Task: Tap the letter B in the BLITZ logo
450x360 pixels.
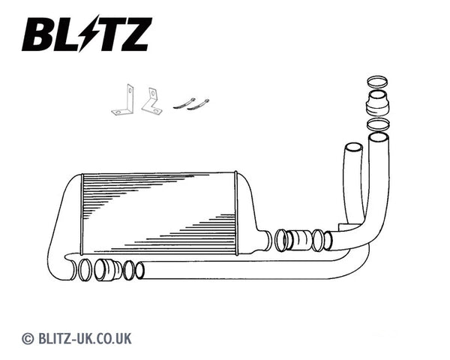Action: coord(37,34)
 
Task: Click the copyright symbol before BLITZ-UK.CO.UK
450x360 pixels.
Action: coord(28,338)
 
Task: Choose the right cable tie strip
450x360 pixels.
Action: coord(199,103)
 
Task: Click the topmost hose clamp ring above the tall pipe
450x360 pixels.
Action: coord(379,82)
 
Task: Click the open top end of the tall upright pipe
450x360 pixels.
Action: coord(378,137)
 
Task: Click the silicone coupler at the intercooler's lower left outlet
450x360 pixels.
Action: coord(109,268)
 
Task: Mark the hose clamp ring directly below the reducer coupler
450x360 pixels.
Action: coord(379,124)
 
